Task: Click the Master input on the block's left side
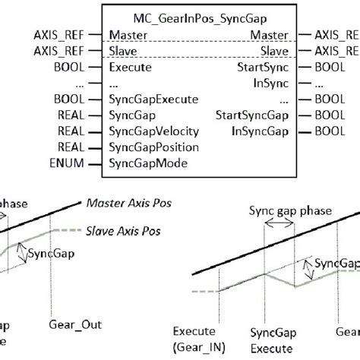tap(128, 34)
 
